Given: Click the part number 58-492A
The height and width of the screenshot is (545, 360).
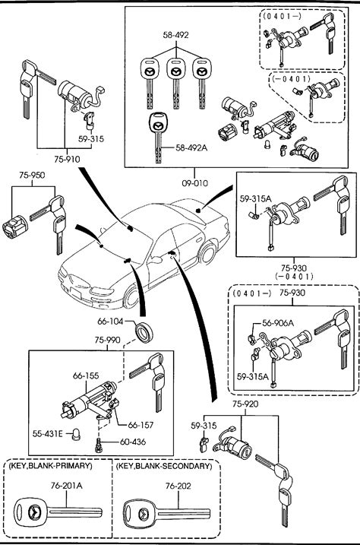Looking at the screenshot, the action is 191,147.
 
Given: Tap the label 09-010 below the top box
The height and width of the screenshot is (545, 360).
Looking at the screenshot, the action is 194,183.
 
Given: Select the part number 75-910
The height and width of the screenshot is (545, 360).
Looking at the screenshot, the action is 67,159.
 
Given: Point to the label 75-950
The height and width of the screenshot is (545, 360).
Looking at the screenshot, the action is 32,175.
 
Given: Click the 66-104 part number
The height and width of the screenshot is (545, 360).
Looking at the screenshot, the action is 110,322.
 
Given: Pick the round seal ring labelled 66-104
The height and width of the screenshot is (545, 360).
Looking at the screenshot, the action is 144,333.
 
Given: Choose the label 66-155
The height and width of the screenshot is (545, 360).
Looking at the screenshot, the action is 86,375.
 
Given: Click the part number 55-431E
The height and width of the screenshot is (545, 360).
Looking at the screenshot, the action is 48,434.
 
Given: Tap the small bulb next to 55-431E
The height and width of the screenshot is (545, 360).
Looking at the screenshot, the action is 76,435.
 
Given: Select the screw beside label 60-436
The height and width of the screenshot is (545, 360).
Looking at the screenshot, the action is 99,445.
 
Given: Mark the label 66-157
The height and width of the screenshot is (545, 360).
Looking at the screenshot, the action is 141,425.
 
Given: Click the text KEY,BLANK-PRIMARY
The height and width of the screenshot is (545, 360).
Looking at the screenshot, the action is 51,465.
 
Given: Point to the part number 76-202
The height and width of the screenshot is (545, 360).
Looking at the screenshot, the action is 178,486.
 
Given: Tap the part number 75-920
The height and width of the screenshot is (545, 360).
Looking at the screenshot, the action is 245,404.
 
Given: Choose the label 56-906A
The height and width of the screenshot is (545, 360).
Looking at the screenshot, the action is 278,323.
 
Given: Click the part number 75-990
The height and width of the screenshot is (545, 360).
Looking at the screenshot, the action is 108,340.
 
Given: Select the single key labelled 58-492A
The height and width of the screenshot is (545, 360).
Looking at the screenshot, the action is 157,138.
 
